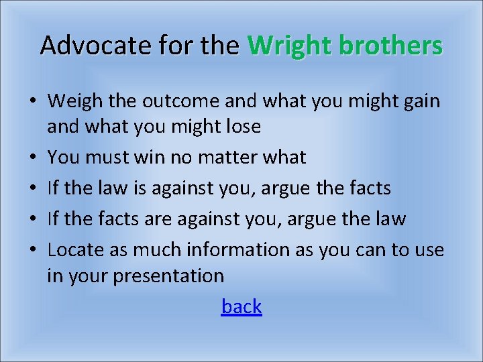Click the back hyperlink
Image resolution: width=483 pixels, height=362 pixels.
(241, 306)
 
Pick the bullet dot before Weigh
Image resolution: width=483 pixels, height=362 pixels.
(33, 102)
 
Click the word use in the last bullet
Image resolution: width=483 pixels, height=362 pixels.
(429, 250)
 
